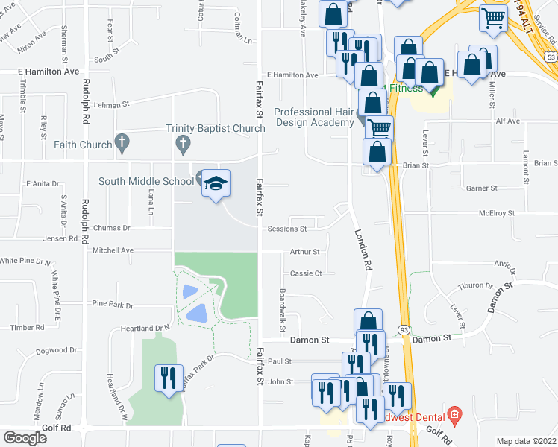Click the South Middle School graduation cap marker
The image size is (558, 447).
tap(214, 184)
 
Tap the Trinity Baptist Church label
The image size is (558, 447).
tap(216, 129)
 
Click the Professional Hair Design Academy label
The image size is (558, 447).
tap(313, 117)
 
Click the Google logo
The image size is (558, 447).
tap(25, 437)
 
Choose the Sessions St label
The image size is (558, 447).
tap(287, 229)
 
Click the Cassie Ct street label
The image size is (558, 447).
tap(306, 273)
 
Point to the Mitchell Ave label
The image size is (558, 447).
tap(112, 251)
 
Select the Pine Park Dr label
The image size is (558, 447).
tap(112, 305)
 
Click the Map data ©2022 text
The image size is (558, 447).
tap(526, 441)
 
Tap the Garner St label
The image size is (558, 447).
tap(481, 188)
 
